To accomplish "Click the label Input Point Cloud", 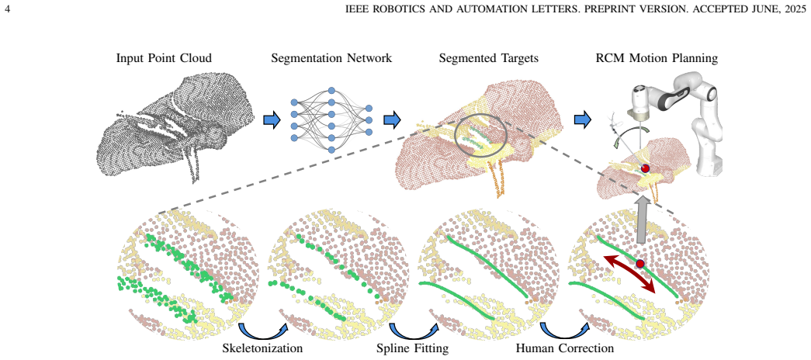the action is click(164, 58).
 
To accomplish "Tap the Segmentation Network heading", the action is click(331, 58).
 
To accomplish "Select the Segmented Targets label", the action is click(489, 58).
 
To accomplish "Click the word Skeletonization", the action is click(262, 348).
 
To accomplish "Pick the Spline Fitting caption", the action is click(412, 348).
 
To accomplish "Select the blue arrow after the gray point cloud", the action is click(272, 120).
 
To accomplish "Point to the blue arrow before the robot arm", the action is click(583, 120).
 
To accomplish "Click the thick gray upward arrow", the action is click(640, 219).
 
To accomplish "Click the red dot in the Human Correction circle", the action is click(640, 264).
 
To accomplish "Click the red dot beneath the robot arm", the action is click(645, 168).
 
